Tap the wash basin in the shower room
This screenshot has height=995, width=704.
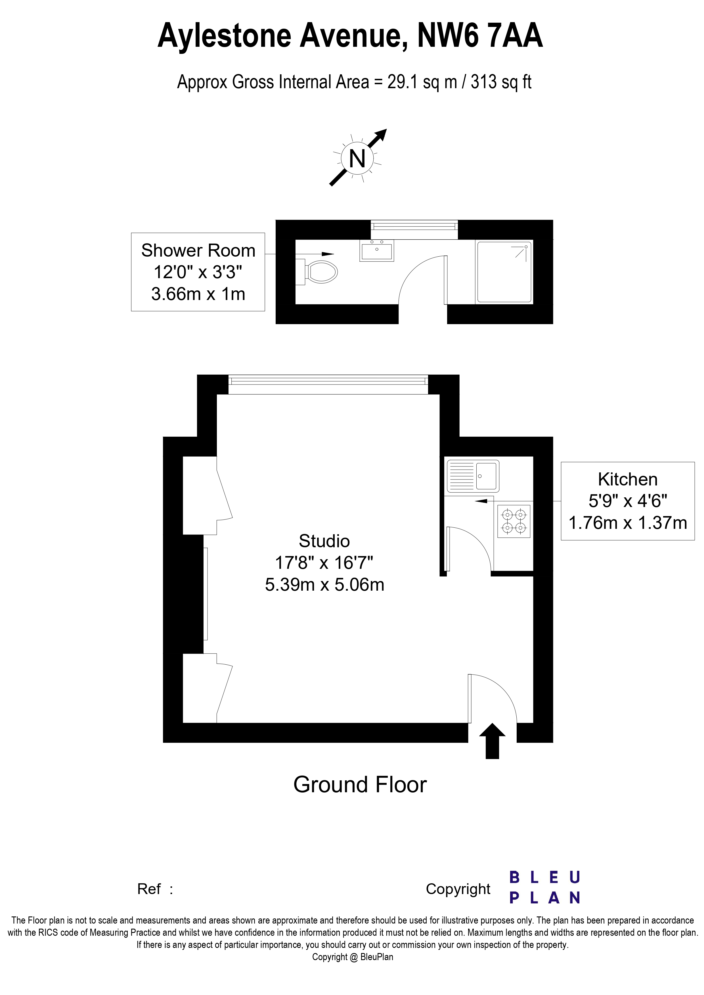tap(376, 250)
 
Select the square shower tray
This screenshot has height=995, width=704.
tap(504, 272)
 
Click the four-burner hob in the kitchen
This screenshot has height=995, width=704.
tap(514, 521)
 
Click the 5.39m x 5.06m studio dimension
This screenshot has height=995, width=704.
tap(324, 585)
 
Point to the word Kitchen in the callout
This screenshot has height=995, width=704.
tap(628, 479)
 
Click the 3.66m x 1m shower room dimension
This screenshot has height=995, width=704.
tap(198, 294)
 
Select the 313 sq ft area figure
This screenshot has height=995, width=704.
tap(501, 82)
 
